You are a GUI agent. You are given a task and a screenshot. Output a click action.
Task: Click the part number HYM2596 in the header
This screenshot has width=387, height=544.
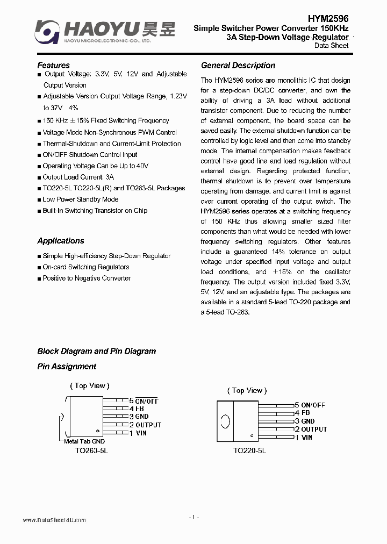[328, 18]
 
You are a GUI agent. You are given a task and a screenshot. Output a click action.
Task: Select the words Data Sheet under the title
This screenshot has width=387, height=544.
[331, 46]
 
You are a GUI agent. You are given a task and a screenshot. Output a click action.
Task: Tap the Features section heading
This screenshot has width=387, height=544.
[53, 66]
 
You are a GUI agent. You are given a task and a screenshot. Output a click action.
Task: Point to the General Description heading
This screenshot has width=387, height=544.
[238, 66]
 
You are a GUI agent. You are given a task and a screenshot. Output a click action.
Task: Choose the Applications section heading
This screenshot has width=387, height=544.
[61, 241]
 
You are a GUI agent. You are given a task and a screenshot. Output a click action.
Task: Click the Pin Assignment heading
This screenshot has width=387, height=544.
[67, 367]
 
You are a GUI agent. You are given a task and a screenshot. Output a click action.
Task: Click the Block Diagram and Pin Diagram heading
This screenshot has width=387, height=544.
[96, 351]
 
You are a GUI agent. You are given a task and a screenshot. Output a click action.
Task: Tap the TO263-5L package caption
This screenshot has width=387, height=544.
[91, 452]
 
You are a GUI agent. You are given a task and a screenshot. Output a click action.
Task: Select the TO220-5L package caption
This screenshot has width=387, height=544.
[249, 450]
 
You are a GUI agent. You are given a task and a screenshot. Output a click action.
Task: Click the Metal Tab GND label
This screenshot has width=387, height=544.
[84, 441]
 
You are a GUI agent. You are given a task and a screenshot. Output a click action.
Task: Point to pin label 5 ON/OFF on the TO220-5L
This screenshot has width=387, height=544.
[310, 405]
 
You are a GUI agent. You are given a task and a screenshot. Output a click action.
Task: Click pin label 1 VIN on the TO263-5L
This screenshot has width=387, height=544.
[138, 433]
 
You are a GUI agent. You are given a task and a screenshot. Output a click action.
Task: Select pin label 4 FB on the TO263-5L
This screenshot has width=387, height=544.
[137, 409]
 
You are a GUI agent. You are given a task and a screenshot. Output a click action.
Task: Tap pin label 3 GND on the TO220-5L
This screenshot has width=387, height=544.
[304, 421]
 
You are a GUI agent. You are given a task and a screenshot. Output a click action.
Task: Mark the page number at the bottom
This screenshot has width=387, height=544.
[194, 517]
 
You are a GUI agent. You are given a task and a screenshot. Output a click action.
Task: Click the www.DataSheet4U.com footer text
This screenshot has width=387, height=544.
[54, 520]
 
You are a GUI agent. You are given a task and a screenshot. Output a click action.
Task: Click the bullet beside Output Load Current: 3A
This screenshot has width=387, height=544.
[39, 177]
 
